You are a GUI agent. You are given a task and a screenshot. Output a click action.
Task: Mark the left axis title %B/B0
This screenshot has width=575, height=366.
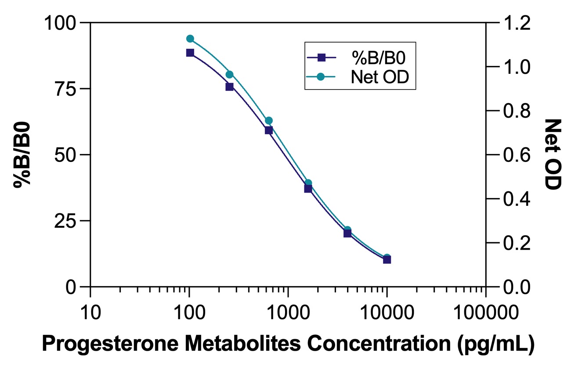point(23,154)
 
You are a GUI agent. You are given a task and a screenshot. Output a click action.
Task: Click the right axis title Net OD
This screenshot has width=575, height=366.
point(553,154)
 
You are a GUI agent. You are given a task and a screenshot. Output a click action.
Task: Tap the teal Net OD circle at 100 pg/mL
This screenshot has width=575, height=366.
point(190,39)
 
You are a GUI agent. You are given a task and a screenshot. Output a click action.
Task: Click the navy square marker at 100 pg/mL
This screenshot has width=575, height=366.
point(190,53)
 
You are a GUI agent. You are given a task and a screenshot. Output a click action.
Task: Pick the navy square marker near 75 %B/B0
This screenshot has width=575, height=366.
point(229,87)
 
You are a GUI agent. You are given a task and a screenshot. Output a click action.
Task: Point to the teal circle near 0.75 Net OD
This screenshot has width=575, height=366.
point(269,121)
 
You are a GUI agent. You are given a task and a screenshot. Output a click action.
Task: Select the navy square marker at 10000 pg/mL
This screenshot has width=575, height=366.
point(387,260)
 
